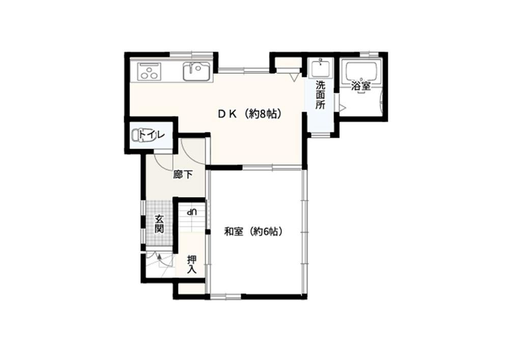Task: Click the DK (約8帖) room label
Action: click(x=249, y=114)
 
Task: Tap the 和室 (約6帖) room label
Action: click(x=253, y=232)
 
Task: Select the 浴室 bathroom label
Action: click(x=361, y=86)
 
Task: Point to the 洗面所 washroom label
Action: click(x=320, y=95)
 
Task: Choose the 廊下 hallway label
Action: click(x=183, y=175)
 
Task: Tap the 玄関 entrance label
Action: click(x=159, y=224)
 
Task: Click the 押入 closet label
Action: click(x=192, y=264)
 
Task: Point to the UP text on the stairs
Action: click(x=191, y=212)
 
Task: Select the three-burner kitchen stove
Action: click(x=149, y=71)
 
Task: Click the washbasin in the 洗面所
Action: click(x=321, y=68)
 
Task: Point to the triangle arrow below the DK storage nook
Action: click(x=294, y=77)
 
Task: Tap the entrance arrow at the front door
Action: click(x=160, y=258)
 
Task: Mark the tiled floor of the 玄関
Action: click(x=158, y=224)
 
